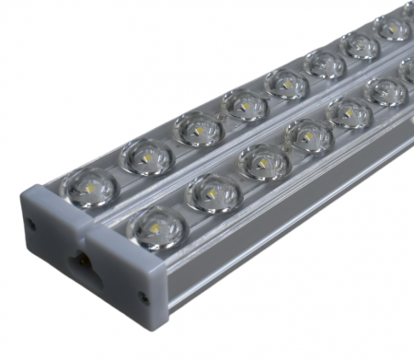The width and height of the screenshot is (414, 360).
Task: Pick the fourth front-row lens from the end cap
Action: pos(308,135)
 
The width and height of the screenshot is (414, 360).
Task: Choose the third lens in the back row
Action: pos(198,129)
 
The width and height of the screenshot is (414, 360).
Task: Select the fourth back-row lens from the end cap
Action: pos(245,105)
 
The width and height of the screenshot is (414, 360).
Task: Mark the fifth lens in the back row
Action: pos(286,84)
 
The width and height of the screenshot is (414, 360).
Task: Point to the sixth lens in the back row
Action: pos(325,64)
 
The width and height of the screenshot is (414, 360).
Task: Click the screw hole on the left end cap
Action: pos(32,224)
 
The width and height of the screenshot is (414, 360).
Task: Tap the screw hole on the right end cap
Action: pos(144,297)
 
